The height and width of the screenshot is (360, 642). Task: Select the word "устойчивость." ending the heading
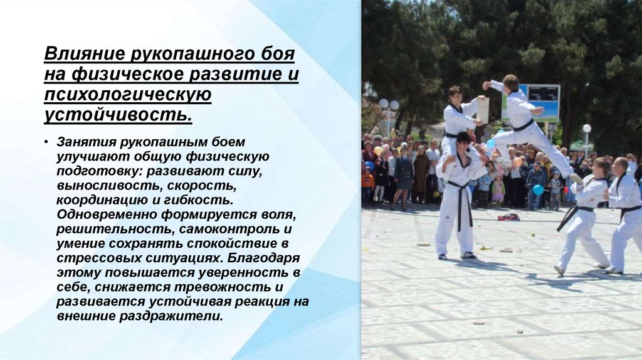point(117,115)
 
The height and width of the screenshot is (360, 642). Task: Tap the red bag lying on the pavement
point(508,217)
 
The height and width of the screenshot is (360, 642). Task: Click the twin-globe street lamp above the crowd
point(388,105)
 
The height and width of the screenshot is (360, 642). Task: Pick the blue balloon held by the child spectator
point(538,189)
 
